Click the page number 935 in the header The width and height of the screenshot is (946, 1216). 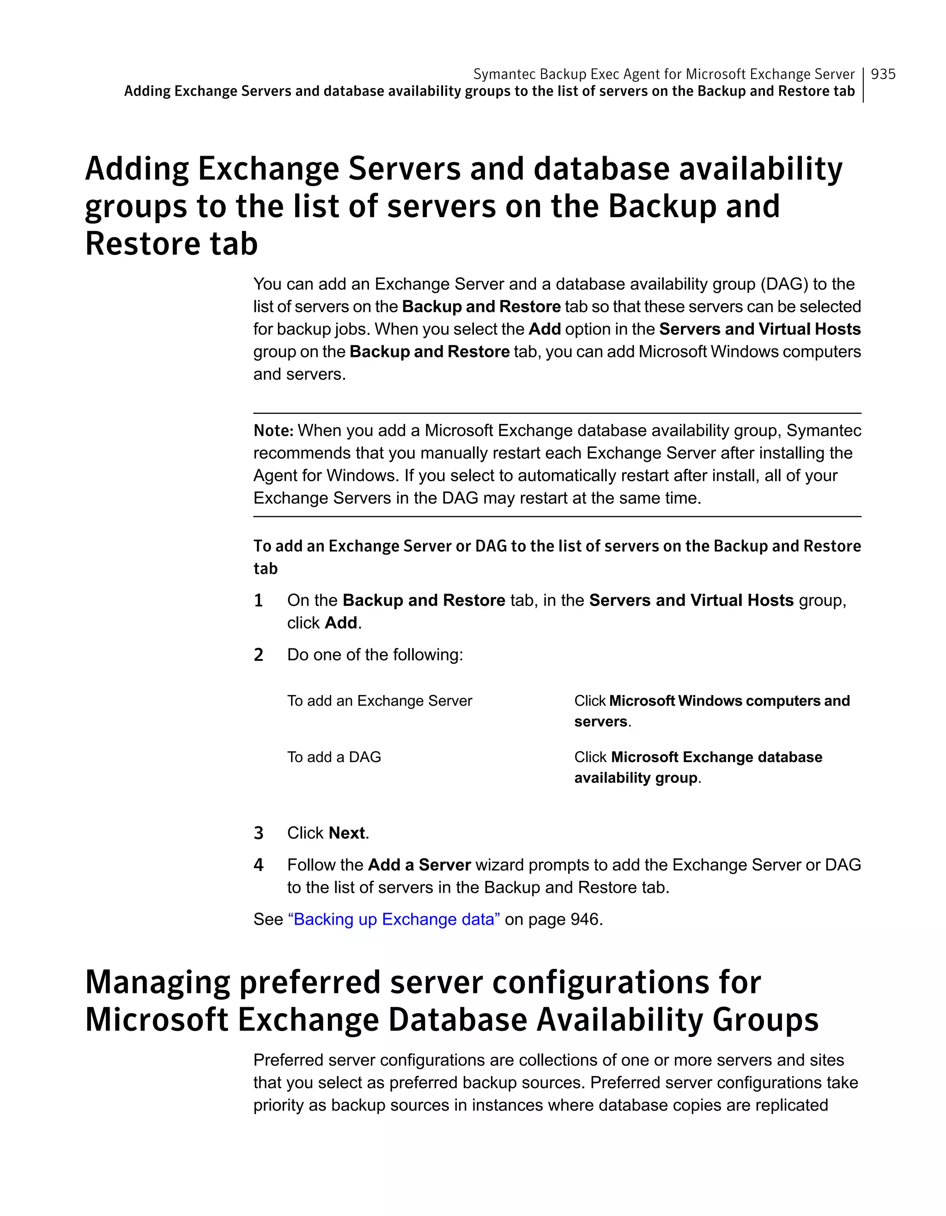click(x=883, y=74)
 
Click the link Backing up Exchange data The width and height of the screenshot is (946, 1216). click(x=394, y=919)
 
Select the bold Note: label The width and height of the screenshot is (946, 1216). click(x=273, y=430)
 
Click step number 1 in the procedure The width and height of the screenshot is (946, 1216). click(x=258, y=600)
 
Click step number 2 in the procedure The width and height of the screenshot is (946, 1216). click(x=258, y=655)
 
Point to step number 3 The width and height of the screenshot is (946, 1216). click(x=258, y=833)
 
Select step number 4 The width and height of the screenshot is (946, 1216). click(x=258, y=865)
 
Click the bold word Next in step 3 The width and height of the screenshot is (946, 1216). click(x=347, y=833)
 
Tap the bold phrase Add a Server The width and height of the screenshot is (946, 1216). click(x=419, y=865)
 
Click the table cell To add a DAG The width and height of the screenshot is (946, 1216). click(x=334, y=757)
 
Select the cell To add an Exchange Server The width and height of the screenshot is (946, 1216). click(x=379, y=701)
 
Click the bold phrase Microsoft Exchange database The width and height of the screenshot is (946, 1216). click(x=716, y=757)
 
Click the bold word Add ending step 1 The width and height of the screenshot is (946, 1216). click(x=341, y=623)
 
